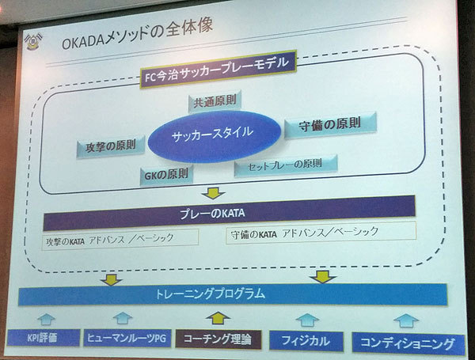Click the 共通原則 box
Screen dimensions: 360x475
click(x=214, y=102)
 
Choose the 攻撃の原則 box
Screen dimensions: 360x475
click(x=111, y=146)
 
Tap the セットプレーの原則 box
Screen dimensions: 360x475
click(x=286, y=165)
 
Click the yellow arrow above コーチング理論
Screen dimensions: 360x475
click(x=216, y=318)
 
